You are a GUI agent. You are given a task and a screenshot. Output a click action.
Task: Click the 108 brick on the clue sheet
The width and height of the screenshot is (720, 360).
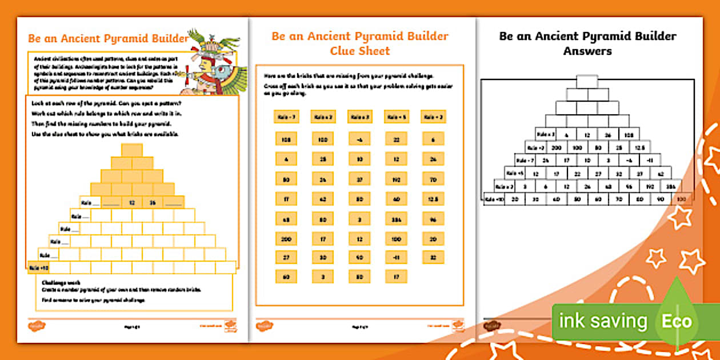pos(286,139)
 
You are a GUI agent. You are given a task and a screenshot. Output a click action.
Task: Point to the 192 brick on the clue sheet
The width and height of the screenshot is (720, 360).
pos(395,178)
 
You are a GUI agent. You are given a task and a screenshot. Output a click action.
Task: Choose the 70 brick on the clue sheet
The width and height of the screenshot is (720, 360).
pos(432,178)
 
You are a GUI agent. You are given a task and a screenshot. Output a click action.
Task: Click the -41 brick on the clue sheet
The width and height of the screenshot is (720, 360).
pos(395,257)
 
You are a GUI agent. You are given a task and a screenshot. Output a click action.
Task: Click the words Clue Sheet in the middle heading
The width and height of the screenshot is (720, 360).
pos(359,51)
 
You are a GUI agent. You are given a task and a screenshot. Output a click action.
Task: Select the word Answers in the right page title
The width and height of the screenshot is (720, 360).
pos(587,51)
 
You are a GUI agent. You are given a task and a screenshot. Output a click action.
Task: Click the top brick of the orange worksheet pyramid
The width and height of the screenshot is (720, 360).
pos(132,150)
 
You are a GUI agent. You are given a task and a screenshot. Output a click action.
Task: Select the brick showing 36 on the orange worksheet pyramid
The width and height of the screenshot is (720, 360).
pos(153,202)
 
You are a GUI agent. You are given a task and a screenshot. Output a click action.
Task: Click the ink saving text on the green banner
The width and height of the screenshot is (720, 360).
pos(603,321)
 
